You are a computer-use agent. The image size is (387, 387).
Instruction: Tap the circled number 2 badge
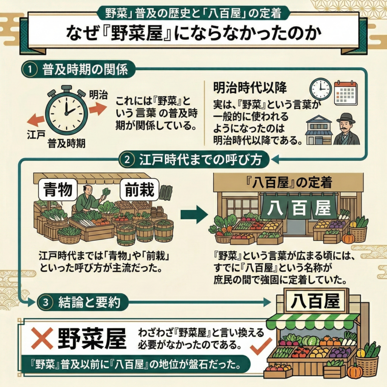(127, 159)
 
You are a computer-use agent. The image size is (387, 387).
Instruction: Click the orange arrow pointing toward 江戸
(36, 120)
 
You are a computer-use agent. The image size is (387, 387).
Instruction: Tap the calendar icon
(345, 93)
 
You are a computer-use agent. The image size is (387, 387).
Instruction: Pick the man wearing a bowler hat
(346, 130)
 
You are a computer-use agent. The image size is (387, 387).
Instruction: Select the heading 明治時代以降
(249, 88)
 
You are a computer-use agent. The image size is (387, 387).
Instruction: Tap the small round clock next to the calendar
(320, 89)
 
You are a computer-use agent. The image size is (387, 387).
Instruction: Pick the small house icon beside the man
(319, 130)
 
